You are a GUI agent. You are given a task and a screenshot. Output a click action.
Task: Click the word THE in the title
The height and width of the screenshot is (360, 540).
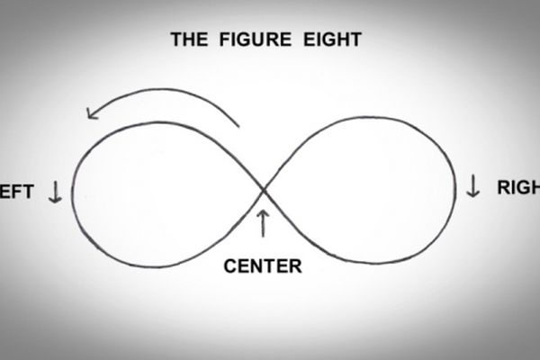190,40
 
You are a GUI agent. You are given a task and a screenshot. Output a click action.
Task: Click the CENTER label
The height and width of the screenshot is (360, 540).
262,265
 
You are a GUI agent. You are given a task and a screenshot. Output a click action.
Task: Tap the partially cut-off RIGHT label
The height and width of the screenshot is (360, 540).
518,188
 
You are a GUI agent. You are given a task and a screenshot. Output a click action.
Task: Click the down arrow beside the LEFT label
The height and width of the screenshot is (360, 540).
53,191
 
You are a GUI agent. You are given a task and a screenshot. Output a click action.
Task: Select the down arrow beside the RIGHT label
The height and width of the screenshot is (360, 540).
473,186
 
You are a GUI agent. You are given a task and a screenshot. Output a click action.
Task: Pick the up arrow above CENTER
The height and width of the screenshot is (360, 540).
263,223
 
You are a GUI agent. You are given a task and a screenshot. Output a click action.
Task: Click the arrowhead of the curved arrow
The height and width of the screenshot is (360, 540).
91,112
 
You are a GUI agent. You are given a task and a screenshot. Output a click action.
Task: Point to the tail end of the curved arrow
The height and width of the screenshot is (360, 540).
238,123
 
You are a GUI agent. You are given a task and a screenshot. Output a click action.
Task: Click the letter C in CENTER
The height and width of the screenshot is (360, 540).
229,265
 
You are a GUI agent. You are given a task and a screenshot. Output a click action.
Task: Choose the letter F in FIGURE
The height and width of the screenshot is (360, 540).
217,40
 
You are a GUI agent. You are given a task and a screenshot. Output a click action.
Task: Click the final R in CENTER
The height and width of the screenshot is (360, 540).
296,265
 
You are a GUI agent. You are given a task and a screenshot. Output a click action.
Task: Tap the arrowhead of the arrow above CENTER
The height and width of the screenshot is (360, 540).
263,213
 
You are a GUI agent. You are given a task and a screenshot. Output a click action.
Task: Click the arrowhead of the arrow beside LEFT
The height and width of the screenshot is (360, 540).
53,199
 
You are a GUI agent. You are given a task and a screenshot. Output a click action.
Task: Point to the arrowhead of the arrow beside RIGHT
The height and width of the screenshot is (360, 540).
473,194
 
